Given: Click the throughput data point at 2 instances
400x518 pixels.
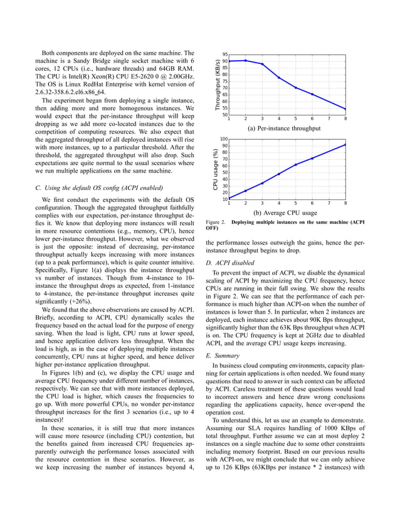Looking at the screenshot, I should [245, 60].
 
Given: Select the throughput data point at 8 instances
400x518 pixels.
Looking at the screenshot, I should [345, 109].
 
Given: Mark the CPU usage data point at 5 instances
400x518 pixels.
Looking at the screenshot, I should [295, 165].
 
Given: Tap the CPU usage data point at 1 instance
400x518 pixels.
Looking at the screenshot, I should [228, 198].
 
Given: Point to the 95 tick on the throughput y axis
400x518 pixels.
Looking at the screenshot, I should [224, 55].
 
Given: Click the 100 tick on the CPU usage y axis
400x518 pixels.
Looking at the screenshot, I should [223, 139].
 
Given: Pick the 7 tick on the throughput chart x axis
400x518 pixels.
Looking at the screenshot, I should [329, 119].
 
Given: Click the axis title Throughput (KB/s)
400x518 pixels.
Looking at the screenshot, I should [217, 85].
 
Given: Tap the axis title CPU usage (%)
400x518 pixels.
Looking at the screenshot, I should [214, 169].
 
